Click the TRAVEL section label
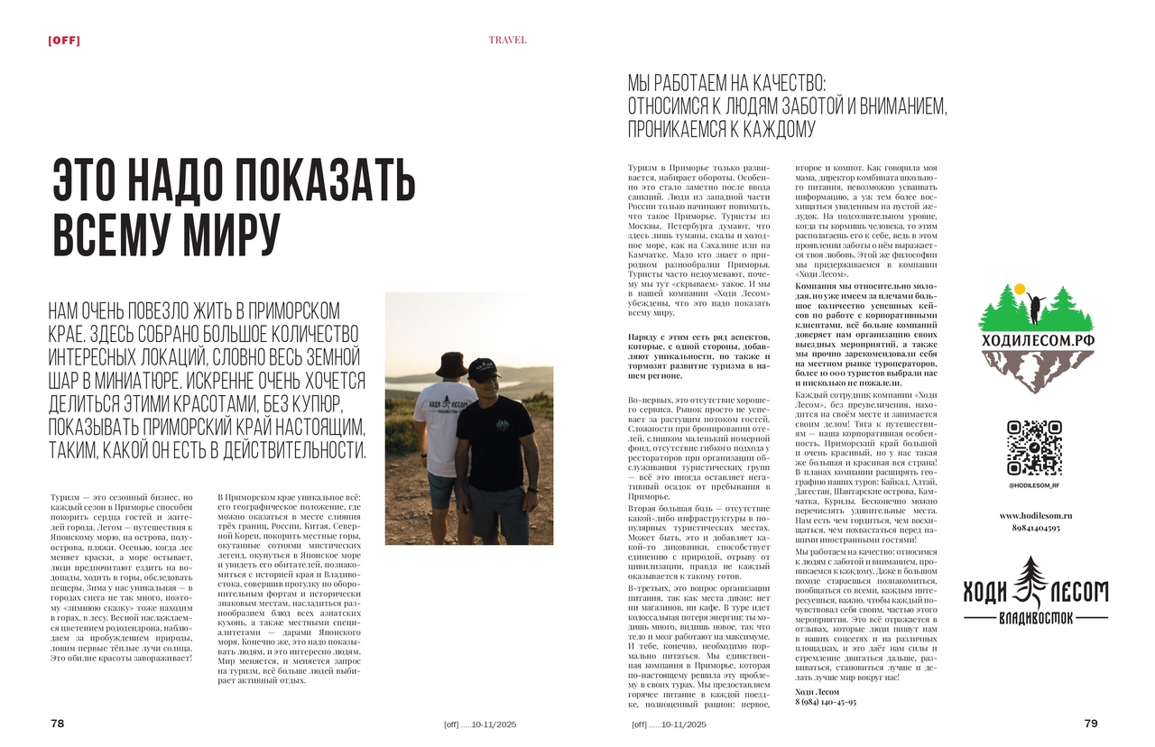click(507, 40)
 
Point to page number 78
click(57, 724)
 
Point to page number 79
click(1090, 724)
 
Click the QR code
click(1034, 447)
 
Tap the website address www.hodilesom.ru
click(1034, 515)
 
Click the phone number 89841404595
click(1035, 528)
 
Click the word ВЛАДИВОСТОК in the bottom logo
click(1035, 620)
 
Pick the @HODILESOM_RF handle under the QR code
click(1034, 485)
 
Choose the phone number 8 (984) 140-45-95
click(826, 702)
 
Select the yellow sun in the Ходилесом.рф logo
click(1020, 290)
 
